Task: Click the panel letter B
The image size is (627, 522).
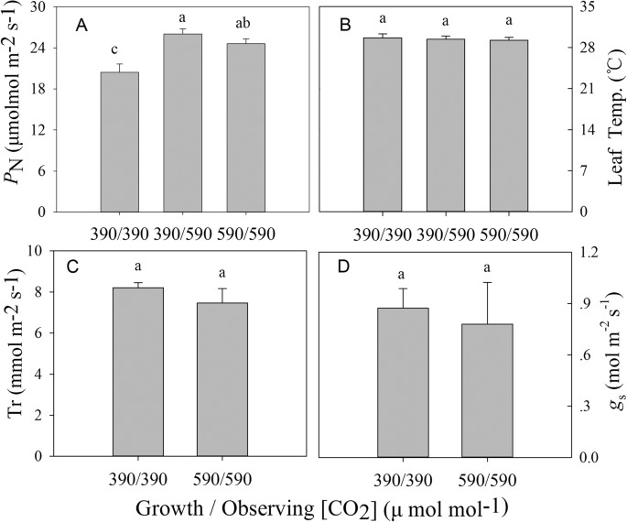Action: coord(346,25)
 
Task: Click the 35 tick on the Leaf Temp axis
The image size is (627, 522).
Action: coord(582,7)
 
